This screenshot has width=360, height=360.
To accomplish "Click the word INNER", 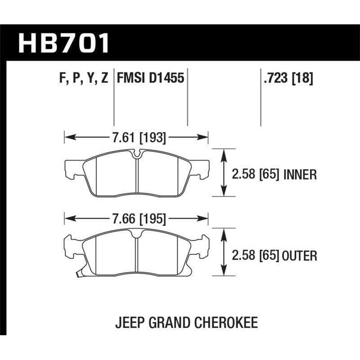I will click(300, 174).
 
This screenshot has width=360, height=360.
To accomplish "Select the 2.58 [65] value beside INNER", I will click(254, 174).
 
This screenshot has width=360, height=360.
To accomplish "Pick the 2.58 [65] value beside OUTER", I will click(254, 256).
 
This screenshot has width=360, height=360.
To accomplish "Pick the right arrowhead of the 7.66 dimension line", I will click(206, 219).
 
